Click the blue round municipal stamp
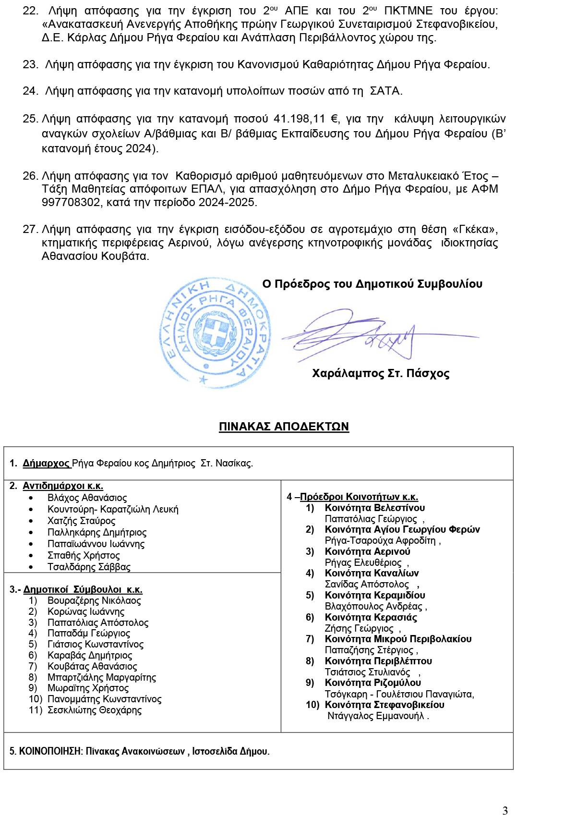(215, 332)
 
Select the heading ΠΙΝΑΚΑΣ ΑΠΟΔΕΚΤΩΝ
(284, 427)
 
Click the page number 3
(505, 811)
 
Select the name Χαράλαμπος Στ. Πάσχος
(381, 374)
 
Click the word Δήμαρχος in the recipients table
(46, 464)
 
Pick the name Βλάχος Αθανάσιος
(87, 498)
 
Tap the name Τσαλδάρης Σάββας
(89, 567)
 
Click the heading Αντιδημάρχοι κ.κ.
(63, 486)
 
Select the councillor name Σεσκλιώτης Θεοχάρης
(95, 710)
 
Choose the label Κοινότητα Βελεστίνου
(374, 508)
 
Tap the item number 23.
(30, 65)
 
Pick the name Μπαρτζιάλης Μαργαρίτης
(102, 677)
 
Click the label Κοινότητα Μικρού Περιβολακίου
(398, 639)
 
